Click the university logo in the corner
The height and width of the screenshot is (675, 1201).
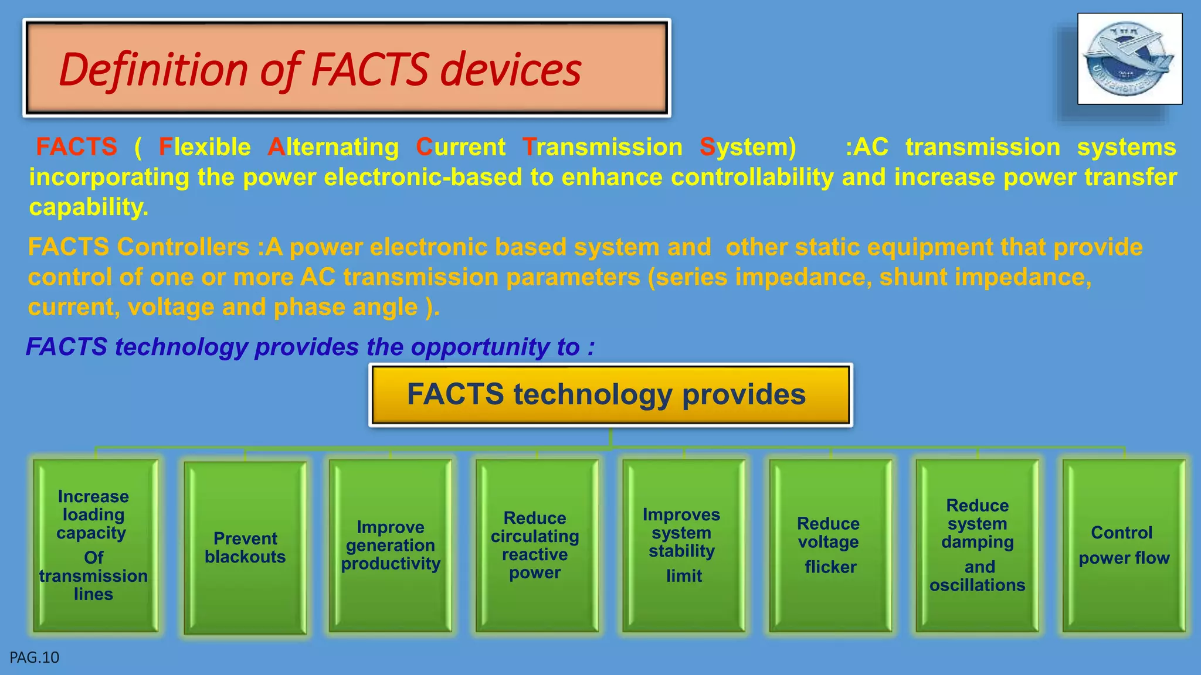point(1129,59)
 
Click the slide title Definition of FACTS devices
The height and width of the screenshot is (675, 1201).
point(320,69)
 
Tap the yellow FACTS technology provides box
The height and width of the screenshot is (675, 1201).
point(610,394)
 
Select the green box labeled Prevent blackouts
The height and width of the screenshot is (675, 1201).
point(245,547)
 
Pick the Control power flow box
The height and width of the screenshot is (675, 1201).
point(1124,545)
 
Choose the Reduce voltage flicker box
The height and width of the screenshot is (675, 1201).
point(830,545)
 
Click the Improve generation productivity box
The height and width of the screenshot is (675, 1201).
point(391,545)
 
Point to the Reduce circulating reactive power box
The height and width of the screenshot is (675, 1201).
point(536,545)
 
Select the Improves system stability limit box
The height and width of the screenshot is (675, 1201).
point(683,545)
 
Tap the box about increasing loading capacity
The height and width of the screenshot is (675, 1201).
point(94,545)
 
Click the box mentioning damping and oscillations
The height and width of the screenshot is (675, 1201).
point(977,545)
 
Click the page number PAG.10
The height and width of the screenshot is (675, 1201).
point(35,657)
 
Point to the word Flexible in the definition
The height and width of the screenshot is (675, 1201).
point(205,147)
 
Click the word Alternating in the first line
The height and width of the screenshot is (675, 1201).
point(333,147)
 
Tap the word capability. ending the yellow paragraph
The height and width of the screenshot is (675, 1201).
point(89,207)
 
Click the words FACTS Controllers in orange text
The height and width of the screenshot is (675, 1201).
point(139,247)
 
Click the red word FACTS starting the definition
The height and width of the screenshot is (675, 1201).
point(76,147)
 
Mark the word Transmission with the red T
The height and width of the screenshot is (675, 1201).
point(602,147)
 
